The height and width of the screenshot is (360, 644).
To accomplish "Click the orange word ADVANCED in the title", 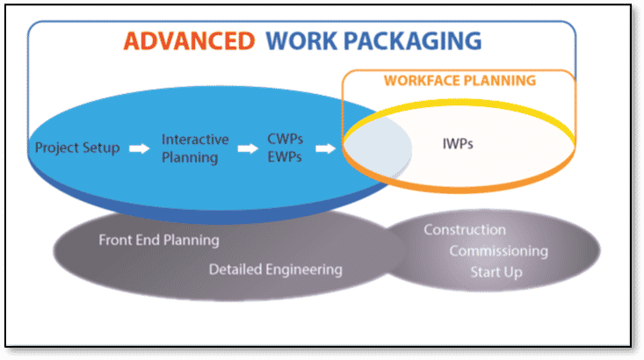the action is [x=189, y=41].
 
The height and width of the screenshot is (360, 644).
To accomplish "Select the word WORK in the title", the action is [x=301, y=41].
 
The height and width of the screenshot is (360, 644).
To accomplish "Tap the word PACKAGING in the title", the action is [x=412, y=41].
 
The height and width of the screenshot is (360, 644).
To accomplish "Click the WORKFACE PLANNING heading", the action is [x=460, y=81].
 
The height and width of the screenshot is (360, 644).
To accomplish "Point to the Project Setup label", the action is [x=77, y=148].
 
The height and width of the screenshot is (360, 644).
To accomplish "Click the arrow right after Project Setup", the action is [x=140, y=148].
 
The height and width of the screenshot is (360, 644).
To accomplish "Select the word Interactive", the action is [x=195, y=140].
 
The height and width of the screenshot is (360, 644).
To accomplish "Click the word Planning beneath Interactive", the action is [x=190, y=158].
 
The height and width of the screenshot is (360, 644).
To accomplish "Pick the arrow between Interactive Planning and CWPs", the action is [x=248, y=148].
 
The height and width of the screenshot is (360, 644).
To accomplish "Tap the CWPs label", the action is [x=285, y=139].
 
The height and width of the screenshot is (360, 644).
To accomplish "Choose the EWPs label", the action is [x=285, y=157].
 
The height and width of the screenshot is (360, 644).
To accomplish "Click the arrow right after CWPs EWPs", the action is [x=325, y=148].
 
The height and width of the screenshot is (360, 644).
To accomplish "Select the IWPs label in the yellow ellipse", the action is [x=458, y=144].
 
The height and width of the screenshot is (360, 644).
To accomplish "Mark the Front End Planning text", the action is [x=159, y=240].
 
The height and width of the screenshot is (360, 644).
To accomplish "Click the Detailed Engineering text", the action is [x=276, y=270].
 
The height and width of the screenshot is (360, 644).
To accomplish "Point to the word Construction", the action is [x=465, y=230].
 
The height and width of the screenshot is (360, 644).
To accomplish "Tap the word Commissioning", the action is [x=499, y=251].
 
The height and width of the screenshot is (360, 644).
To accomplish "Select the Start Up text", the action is [x=496, y=271].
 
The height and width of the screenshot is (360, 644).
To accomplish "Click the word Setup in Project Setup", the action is [x=101, y=148].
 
